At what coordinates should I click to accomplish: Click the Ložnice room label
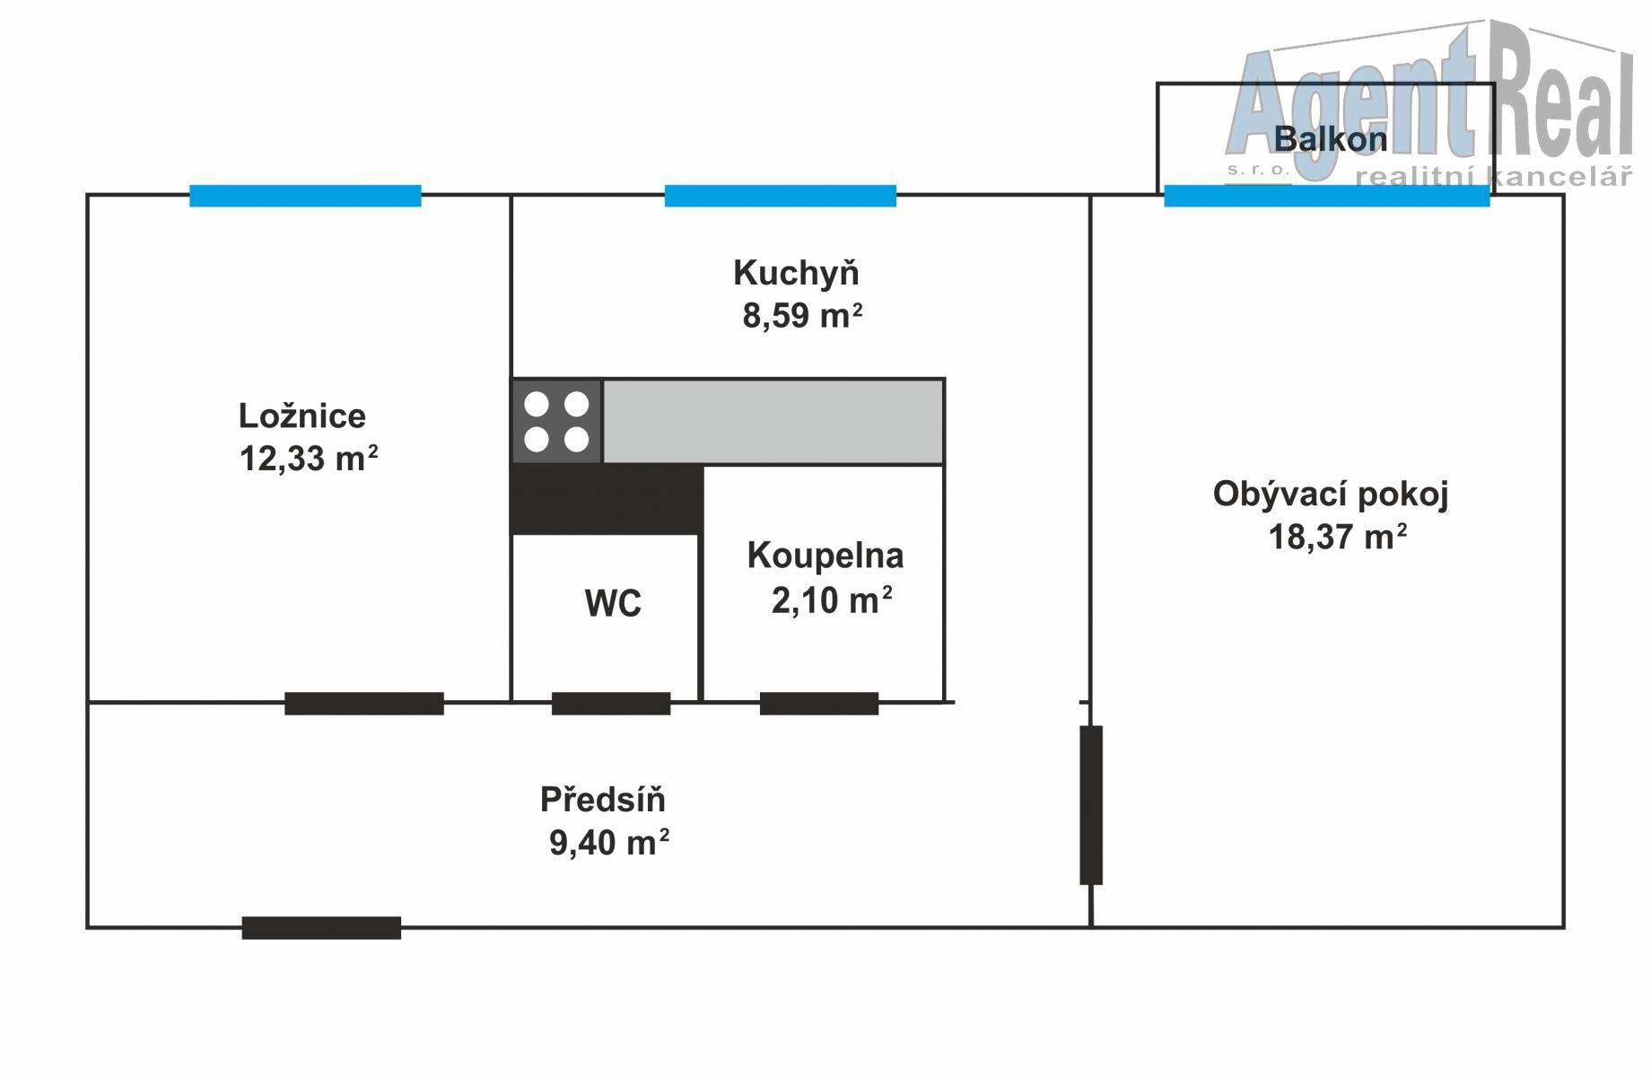click(302, 416)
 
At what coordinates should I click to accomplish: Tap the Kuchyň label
click(796, 273)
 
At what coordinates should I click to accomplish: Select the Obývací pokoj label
click(1331, 494)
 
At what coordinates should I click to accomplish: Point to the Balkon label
click(1330, 139)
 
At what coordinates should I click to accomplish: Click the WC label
click(613, 603)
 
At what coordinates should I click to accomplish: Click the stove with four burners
click(556, 421)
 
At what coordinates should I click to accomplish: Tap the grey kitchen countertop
click(773, 421)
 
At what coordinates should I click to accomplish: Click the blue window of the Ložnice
click(305, 196)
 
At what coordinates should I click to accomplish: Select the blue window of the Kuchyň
click(780, 196)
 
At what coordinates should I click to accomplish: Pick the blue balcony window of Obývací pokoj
click(1326, 196)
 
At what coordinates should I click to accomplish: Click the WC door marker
click(611, 704)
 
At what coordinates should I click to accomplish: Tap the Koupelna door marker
click(818, 704)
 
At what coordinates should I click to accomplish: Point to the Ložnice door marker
click(364, 704)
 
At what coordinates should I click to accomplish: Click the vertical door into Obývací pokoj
click(1090, 805)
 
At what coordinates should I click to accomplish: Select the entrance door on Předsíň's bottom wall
click(321, 927)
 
